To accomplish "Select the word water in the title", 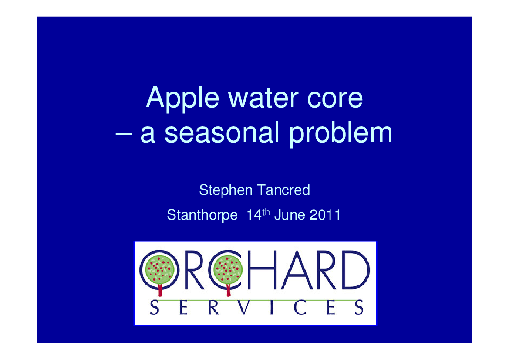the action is [x=263, y=98].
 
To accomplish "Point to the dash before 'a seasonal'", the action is [x=124, y=133].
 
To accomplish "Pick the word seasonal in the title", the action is [x=222, y=132].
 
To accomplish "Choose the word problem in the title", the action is [x=340, y=133].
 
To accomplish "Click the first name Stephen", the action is [x=226, y=190].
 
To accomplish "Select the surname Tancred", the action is [x=283, y=190].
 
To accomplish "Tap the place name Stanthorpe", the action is [x=202, y=215].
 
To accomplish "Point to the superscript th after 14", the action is [x=266, y=212].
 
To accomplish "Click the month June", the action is [x=290, y=215].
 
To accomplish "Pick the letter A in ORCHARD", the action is [x=297, y=270].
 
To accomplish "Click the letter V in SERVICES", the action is [x=243, y=308].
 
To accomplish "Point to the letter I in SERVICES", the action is [x=271, y=308].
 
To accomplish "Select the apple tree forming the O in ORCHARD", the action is [x=159, y=272].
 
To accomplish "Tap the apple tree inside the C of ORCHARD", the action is [x=228, y=272].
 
